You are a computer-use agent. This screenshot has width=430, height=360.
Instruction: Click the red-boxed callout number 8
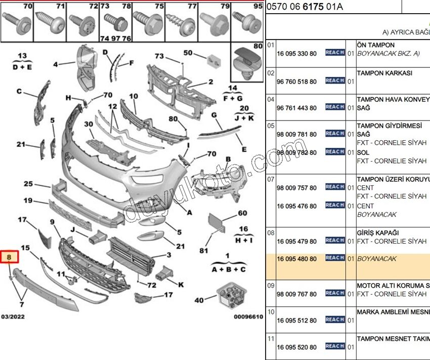point(9,258)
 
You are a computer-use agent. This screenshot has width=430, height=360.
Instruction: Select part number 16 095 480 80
point(296,259)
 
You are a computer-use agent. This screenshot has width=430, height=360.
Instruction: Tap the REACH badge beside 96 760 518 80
point(334,81)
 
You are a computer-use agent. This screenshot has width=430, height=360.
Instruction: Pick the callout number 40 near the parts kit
point(199,300)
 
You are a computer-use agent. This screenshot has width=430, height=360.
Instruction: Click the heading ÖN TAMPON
point(376,45)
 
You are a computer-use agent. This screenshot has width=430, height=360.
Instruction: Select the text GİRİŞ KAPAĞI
point(377,233)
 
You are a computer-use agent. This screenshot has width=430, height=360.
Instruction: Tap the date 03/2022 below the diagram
point(13,317)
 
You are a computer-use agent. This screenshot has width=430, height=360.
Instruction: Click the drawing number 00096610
point(248,317)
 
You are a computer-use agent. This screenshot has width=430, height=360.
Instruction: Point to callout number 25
point(28,184)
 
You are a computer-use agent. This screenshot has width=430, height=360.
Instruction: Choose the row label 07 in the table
point(271,179)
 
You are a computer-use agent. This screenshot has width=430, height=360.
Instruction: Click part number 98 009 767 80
point(296,294)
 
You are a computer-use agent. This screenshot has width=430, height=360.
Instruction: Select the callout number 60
point(242,213)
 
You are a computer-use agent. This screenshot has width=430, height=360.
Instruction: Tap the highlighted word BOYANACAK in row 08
point(377,259)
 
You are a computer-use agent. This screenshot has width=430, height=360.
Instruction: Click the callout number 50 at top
point(188,53)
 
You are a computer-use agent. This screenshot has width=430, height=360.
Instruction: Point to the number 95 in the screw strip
point(258,7)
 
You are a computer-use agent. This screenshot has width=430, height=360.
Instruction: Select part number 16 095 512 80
point(296,321)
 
